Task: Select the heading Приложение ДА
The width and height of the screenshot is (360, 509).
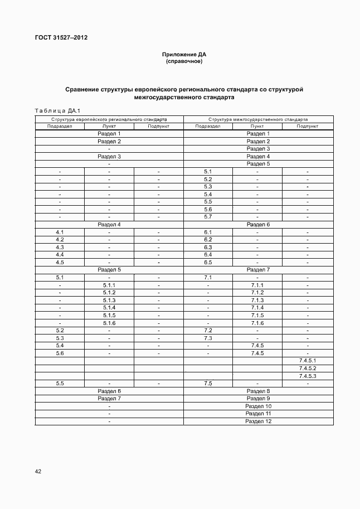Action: (184, 55)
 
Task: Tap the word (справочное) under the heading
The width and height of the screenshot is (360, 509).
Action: (184, 61)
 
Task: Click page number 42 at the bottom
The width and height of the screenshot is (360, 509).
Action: (38, 471)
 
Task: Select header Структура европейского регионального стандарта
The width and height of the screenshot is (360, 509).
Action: (109, 119)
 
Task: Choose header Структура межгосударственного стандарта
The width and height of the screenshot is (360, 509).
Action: (258, 119)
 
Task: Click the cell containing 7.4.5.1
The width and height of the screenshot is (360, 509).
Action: (308, 361)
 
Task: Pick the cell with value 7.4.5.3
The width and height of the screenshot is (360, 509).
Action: (308, 376)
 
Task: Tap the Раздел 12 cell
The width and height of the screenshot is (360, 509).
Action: (258, 421)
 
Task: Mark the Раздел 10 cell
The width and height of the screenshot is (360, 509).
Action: (258, 406)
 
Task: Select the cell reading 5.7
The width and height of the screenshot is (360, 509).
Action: (208, 217)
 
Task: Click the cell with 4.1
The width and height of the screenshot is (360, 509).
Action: (60, 232)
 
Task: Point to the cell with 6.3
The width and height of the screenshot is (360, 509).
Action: (208, 247)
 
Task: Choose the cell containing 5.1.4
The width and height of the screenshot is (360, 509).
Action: (109, 308)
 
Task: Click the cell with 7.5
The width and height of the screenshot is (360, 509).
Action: (208, 384)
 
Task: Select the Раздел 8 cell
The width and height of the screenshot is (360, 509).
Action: (258, 391)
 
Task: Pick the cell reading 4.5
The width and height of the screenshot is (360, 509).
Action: (60, 262)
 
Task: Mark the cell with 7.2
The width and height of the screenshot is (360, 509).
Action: (208, 331)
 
